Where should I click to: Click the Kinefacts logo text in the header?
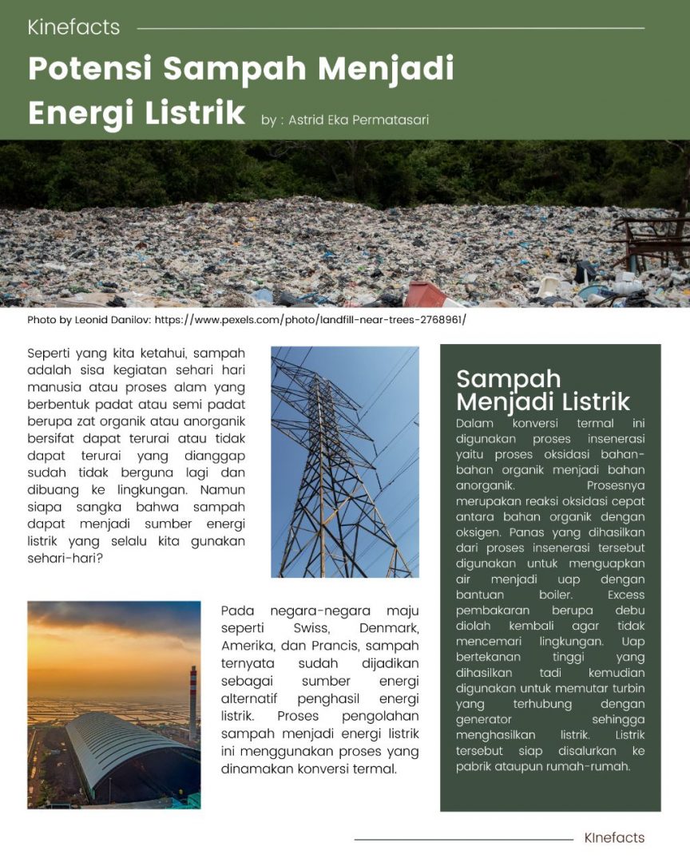[x=73, y=27]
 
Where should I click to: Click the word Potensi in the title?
[x=89, y=69]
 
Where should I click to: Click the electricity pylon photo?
[x=344, y=461]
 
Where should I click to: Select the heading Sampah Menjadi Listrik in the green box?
[x=543, y=389]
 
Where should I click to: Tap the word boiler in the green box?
[x=557, y=595]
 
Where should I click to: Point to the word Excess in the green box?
[x=625, y=595]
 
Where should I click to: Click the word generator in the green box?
[x=484, y=719]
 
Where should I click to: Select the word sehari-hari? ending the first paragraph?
[x=65, y=558]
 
